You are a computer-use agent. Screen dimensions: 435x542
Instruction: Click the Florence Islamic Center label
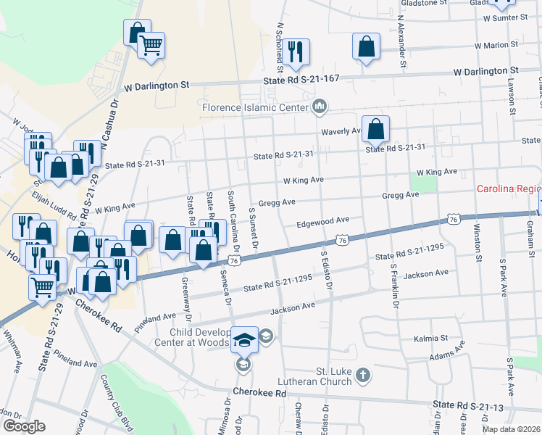256,108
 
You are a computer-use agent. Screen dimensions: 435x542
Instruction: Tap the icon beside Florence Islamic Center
319,108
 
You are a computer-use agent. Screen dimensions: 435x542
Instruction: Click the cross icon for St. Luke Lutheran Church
363,375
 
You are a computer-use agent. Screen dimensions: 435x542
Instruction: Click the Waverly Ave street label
341,131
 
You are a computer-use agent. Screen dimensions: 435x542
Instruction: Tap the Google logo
24,426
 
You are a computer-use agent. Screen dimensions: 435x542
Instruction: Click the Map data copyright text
511,429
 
